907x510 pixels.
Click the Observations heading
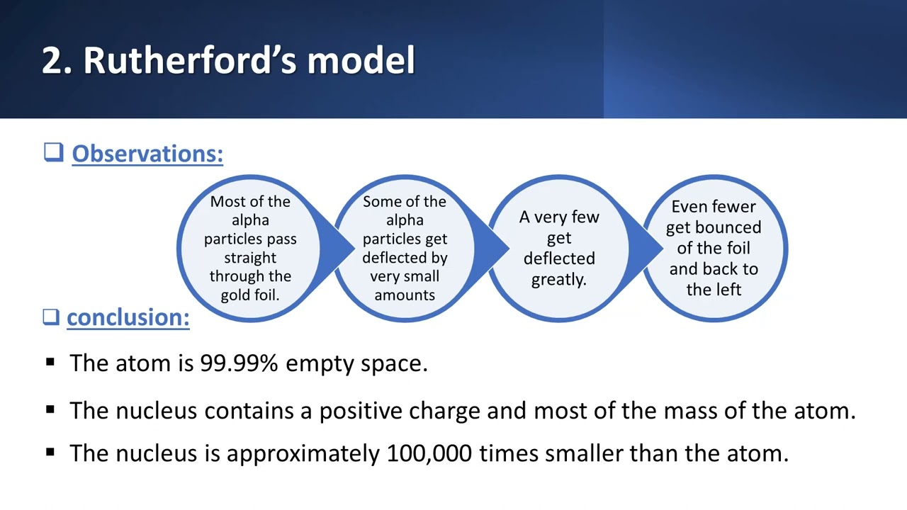tap(147, 154)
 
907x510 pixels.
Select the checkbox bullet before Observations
tap(53, 152)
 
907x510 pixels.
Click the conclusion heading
tap(128, 317)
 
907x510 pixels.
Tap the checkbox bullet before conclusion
tap(51, 317)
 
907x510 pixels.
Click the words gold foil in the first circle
tap(250, 295)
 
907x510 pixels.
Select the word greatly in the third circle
tap(558, 279)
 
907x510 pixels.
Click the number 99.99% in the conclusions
tap(239, 363)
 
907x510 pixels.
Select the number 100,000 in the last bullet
tap(429, 453)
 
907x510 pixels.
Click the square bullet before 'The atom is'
tap(50, 362)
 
